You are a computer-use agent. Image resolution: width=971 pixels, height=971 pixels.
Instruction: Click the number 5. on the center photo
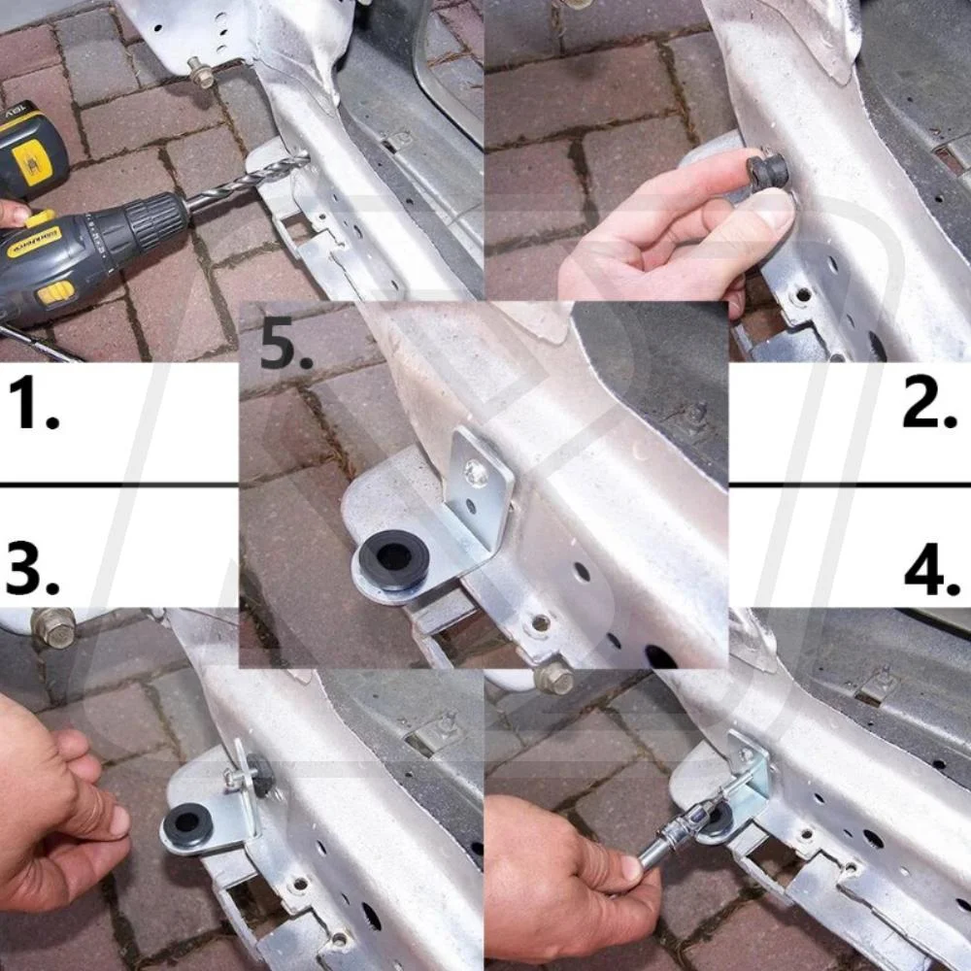[286, 346]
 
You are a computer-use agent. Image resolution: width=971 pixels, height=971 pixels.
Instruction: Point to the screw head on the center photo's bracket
[476, 473]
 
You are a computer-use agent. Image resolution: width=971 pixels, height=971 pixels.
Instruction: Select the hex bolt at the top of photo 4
[553, 677]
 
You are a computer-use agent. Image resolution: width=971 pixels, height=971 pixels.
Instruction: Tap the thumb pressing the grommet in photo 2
[767, 209]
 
